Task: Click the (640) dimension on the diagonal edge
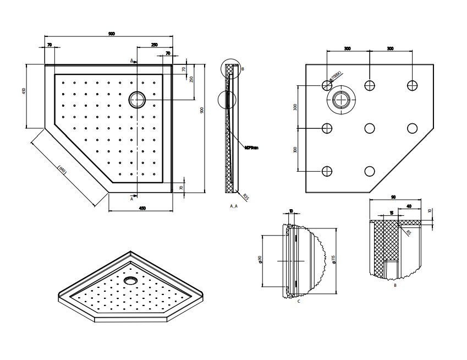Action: (x=63, y=171)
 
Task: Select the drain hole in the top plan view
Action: (x=137, y=100)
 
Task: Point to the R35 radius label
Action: (x=246, y=197)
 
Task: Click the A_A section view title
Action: (x=234, y=205)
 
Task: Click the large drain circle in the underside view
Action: (x=344, y=100)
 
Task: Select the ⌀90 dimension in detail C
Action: (x=260, y=260)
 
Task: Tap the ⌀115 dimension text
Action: (x=333, y=260)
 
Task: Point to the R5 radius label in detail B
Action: (x=408, y=233)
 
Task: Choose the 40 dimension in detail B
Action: (x=409, y=206)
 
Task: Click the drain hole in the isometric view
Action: (x=131, y=280)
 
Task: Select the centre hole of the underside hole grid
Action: (x=370, y=128)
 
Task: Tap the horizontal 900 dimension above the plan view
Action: (x=112, y=34)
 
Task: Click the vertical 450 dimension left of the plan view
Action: (x=24, y=91)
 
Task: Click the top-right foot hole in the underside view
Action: (x=412, y=85)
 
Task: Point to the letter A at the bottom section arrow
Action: (x=131, y=199)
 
